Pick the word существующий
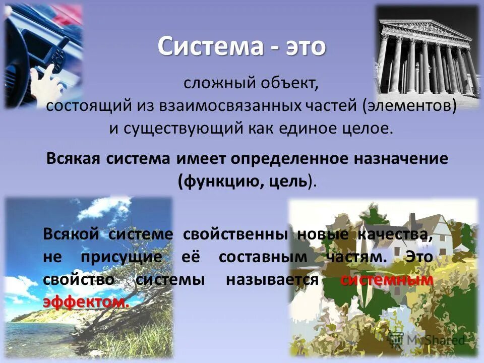coord(181,128)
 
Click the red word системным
coord(387,280)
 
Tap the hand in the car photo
coord(45,78)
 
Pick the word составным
coord(263,257)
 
